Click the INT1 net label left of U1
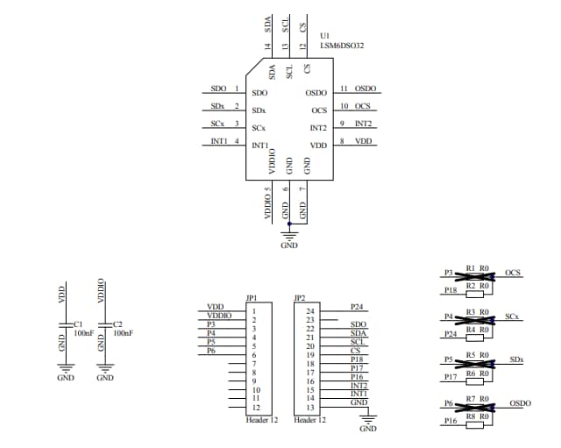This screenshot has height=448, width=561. tap(219, 141)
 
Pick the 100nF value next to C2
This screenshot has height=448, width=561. tap(124, 334)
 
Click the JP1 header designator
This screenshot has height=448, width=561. tap(252, 297)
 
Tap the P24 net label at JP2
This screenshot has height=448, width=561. tap(356, 307)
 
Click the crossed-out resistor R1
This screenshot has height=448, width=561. tap(471, 274)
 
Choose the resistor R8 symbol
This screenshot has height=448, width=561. tap(471, 423)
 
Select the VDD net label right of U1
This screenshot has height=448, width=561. tap(363, 141)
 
